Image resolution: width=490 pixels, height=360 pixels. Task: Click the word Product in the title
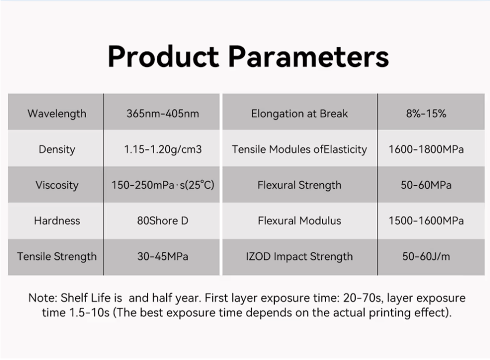[x=163, y=57]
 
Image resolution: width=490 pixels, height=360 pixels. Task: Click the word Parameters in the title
[x=308, y=57]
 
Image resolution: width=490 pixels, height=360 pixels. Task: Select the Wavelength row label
[x=57, y=114]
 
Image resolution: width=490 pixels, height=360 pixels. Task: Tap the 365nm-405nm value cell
[x=162, y=114]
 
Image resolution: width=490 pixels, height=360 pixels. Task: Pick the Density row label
[x=57, y=149]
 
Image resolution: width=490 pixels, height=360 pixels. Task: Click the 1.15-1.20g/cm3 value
[x=162, y=149]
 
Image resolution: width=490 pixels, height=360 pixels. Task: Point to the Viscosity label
[x=57, y=185]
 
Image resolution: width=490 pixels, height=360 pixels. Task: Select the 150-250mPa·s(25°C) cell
[x=162, y=185]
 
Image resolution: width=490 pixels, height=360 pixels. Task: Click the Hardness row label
[x=57, y=221]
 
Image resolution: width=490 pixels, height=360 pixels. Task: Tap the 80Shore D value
[x=162, y=221]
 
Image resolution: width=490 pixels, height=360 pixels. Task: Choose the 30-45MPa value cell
[x=162, y=257]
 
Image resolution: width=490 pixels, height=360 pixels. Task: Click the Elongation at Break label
[x=299, y=114]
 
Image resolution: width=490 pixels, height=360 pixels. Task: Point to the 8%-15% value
[x=426, y=114]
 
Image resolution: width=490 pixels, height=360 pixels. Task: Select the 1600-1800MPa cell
[x=426, y=149]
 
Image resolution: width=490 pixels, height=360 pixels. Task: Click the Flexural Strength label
[x=299, y=185]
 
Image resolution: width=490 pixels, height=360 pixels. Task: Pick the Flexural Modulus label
[x=299, y=221]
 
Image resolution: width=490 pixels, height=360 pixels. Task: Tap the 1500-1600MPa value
[x=426, y=221]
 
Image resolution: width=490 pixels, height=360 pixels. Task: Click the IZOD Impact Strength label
[x=299, y=257]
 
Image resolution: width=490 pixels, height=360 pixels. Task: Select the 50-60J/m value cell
[x=426, y=257]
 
